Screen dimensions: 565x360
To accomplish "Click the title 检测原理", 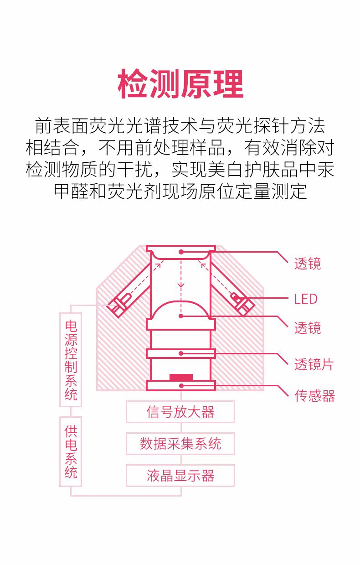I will coord(180,85).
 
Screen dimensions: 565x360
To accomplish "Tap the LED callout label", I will coord(305,299).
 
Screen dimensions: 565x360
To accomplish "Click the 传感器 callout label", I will coord(314,395).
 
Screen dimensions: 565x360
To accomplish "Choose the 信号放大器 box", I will coord(180,412).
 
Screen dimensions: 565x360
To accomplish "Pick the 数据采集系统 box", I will coord(180,444).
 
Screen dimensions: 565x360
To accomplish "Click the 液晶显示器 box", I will coord(180,476).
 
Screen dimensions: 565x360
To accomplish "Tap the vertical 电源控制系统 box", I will coord(71,359).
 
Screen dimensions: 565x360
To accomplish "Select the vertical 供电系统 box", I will coord(71,451).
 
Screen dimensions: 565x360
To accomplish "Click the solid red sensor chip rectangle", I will coord(181,377).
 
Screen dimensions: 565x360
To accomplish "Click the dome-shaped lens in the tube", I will coord(181,310).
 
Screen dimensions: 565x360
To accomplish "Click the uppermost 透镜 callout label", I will coord(307,264).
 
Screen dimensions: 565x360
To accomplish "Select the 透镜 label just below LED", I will coord(307,327).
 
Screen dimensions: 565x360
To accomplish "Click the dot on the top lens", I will coord(181,251).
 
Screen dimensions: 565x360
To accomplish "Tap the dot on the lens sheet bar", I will coord(181,353).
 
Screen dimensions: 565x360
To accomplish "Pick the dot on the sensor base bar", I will coord(181,386).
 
